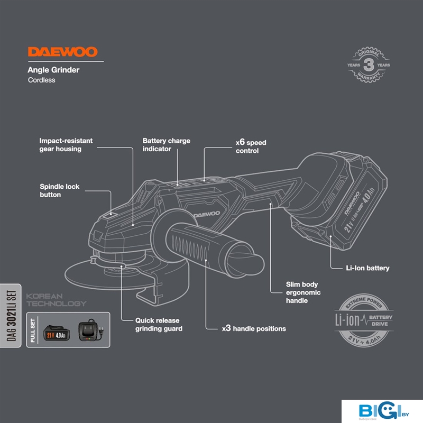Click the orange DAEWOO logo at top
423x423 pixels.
pyautogui.click(x=62, y=52)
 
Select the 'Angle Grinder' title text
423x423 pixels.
pyautogui.click(x=53, y=69)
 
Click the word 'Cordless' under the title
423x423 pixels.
pyautogui.click(x=41, y=80)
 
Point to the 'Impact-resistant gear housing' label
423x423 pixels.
pyautogui.click(x=66, y=145)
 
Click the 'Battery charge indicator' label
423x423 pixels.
pyautogui.click(x=166, y=145)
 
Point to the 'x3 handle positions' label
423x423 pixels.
pyautogui.click(x=254, y=328)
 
